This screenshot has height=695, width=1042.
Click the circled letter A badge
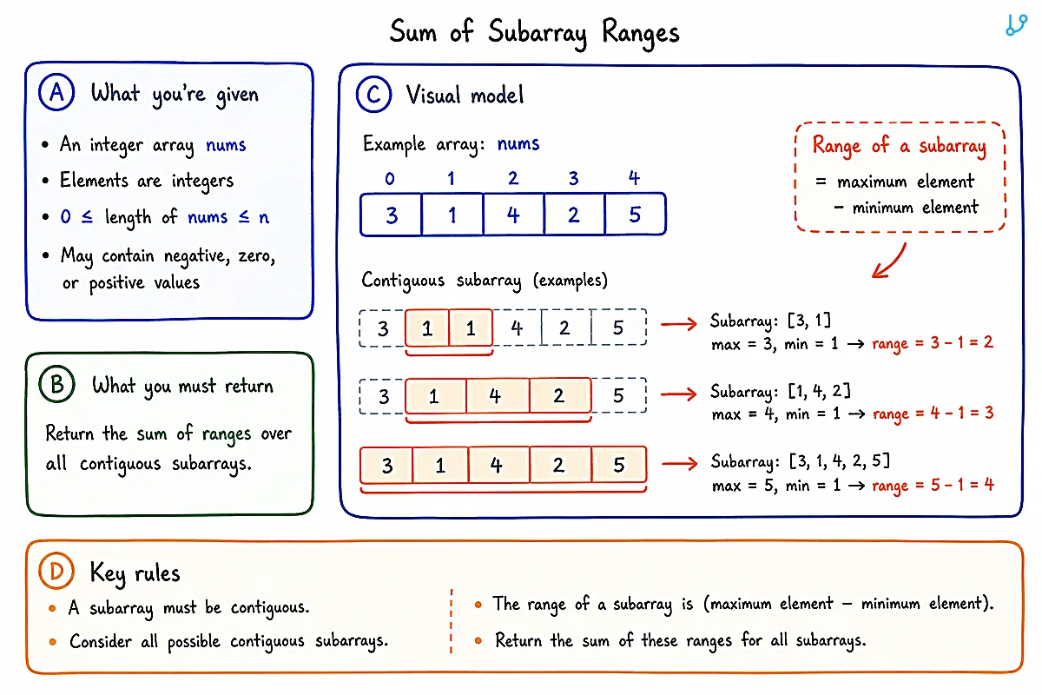pos(56,92)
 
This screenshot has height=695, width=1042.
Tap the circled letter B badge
pos(56,385)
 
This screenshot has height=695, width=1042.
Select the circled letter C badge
pos(373,95)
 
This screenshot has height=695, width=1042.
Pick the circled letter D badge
pos(56,571)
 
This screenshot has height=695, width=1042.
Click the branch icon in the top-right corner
pos(1017,25)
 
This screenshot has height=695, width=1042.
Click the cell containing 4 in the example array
pos(513,215)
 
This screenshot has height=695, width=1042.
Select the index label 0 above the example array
pos(390,179)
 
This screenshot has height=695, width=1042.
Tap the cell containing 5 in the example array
pos(635,215)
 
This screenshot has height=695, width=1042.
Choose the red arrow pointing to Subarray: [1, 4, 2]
pos(679,394)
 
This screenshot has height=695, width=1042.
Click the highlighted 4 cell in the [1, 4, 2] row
pos(498,395)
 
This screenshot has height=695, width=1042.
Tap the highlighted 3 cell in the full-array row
pos(386,465)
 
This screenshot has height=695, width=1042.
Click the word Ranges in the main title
pos(641,33)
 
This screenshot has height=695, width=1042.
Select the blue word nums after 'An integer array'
pos(226,145)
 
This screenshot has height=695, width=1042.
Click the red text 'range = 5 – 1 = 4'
pos(933,485)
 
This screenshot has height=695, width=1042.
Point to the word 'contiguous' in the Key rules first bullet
pos(270,607)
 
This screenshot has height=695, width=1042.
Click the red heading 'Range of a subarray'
pos(900,146)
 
